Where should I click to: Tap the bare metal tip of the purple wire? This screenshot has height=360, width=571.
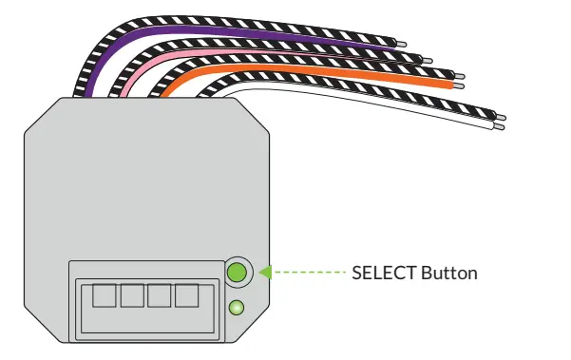404,44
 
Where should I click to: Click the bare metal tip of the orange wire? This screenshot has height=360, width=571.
461,85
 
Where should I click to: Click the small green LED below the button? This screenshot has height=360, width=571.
238,308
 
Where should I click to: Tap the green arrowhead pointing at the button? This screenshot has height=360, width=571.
266,273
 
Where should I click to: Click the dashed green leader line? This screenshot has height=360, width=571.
309,273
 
